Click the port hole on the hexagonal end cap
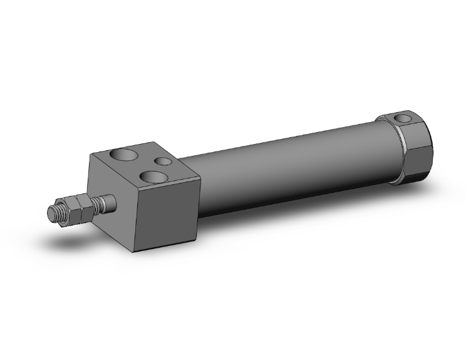pos(403,118)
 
